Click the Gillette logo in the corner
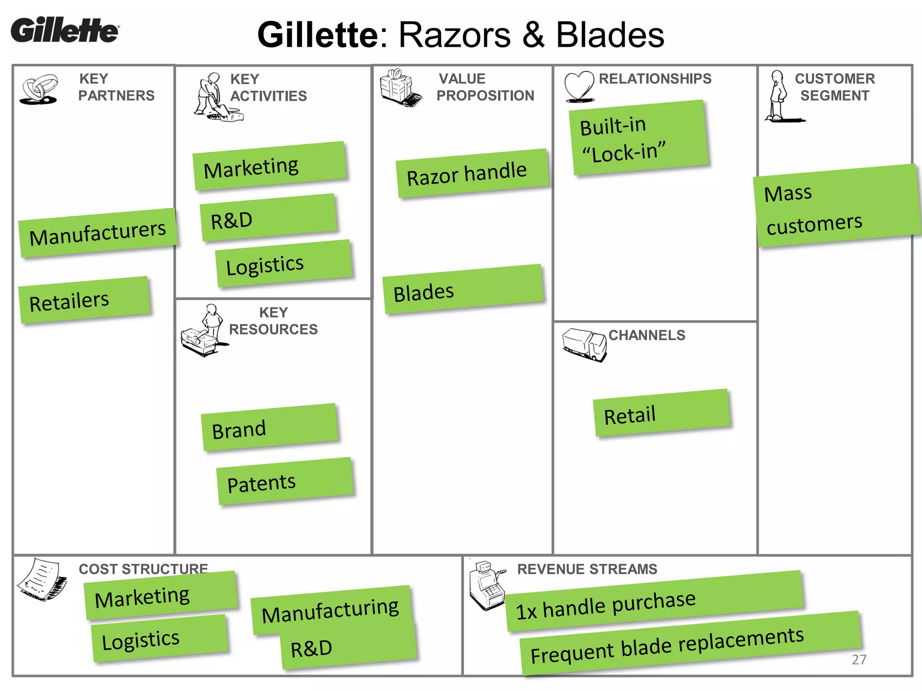tap(65, 30)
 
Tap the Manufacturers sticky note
tap(97, 233)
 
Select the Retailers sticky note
tap(84, 300)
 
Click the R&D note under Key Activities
tap(268, 218)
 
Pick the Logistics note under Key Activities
tap(284, 264)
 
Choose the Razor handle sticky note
tap(472, 174)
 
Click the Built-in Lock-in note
tap(638, 138)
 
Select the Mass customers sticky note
tap(836, 206)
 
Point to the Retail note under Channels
tap(661, 413)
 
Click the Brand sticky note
tap(269, 427)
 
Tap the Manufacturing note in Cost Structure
tap(330, 610)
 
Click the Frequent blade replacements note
tap(690, 643)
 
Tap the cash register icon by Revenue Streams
tap(486, 585)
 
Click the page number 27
tap(859, 660)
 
